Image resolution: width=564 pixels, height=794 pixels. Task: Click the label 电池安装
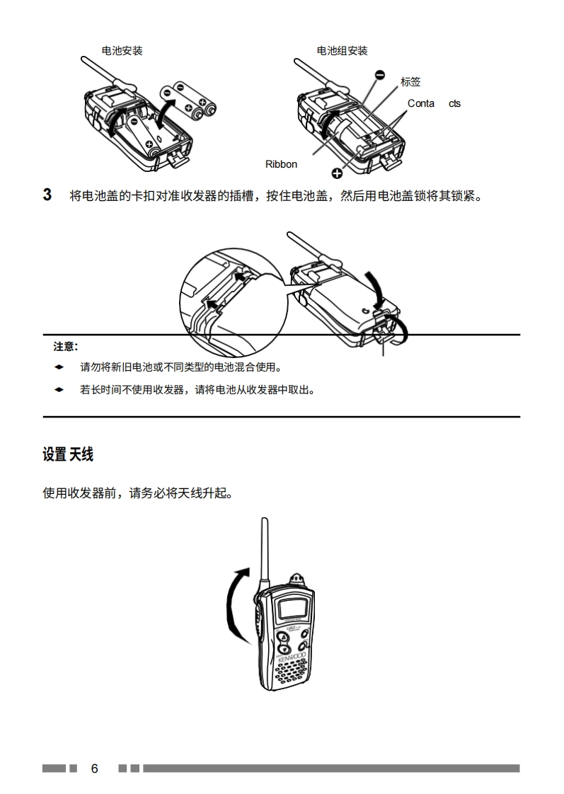click(122, 51)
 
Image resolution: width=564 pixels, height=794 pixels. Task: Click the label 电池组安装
click(342, 51)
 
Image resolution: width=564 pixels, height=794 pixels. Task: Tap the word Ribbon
click(281, 164)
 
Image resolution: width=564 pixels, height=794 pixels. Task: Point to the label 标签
click(410, 82)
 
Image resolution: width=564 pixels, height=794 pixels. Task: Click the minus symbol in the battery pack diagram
click(380, 74)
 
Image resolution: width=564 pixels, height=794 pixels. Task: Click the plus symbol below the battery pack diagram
click(337, 172)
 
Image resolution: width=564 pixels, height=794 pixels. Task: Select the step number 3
click(47, 195)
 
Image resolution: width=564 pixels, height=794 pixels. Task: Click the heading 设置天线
click(68, 455)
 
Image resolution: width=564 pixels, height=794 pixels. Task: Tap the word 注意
click(65, 347)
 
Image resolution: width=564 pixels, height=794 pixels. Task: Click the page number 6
click(94, 769)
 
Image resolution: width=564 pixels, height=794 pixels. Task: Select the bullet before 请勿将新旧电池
click(59, 367)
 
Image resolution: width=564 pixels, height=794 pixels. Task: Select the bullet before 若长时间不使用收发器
click(59, 389)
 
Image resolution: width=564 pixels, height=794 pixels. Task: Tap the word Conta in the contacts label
click(421, 103)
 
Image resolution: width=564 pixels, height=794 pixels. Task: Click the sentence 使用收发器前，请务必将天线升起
click(137, 493)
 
